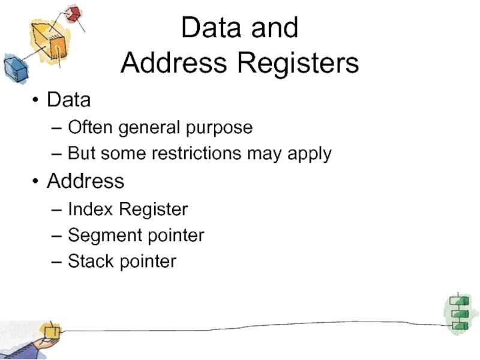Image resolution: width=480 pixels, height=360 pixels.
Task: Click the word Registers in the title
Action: coord(298,64)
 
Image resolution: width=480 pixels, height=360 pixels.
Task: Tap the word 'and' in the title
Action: coord(275,28)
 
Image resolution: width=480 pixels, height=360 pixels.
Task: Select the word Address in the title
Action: coord(174,62)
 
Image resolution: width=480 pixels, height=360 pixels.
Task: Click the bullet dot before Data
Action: coord(35,100)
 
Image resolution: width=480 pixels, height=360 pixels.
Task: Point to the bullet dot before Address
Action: coord(35,181)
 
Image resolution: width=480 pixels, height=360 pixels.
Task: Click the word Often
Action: coord(90,127)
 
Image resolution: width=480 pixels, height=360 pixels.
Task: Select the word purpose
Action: coord(219,128)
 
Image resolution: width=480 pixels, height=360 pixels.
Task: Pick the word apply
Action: coord(310,154)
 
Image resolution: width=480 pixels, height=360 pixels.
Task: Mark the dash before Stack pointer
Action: coord(56,262)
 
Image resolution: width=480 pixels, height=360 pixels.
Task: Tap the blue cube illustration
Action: coord(16,69)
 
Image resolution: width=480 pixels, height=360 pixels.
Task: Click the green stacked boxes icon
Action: coord(460,313)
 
